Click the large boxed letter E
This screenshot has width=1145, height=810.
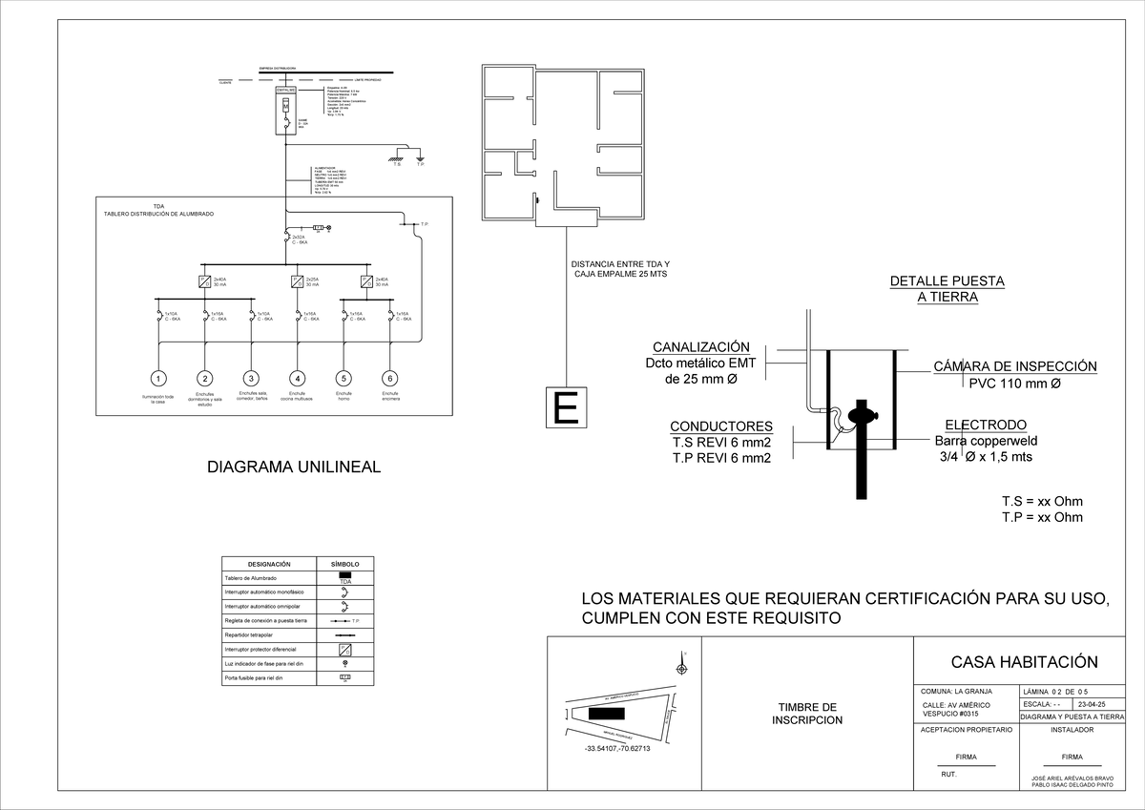[x=566, y=408]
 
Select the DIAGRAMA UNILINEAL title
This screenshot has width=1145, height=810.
[x=294, y=467]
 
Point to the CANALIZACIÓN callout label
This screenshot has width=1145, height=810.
[x=700, y=347]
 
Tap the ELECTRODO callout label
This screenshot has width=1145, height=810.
[x=986, y=425]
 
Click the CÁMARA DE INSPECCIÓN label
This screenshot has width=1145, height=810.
[x=1014, y=366]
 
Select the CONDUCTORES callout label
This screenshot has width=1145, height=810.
[x=720, y=426]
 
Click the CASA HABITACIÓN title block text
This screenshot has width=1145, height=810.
[x=1024, y=662]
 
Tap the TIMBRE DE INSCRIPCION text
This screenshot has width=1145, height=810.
[x=806, y=714]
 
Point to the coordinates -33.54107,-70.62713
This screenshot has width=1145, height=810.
[x=617, y=749]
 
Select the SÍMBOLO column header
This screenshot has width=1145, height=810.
[x=344, y=564]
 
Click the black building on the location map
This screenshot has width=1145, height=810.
[x=606, y=714]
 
